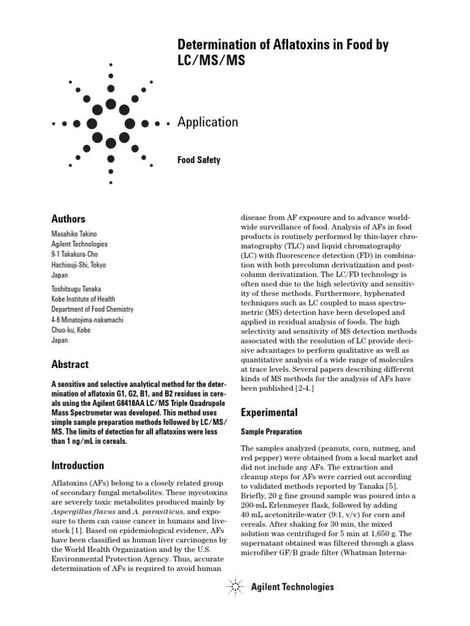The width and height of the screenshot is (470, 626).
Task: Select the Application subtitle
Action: (207, 122)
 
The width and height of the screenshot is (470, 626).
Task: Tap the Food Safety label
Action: (198, 160)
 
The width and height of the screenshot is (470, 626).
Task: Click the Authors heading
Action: (69, 219)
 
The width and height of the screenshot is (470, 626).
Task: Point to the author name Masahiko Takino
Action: (75, 234)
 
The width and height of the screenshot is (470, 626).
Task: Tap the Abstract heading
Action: (70, 364)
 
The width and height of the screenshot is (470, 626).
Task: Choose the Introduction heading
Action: (77, 465)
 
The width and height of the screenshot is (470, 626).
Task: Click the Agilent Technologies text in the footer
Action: (293, 587)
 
